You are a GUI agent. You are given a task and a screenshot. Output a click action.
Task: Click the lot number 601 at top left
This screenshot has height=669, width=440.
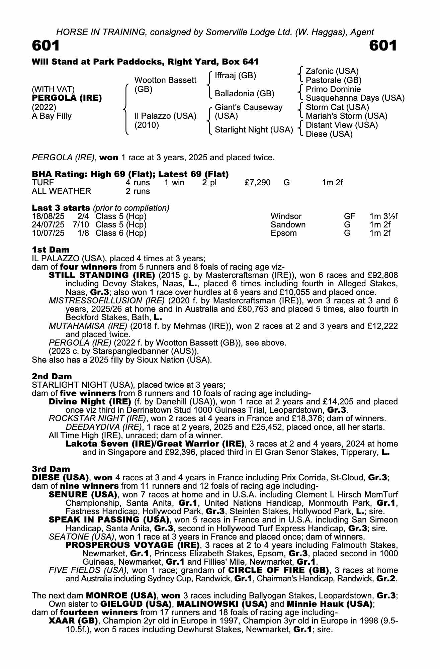[x=46, y=46]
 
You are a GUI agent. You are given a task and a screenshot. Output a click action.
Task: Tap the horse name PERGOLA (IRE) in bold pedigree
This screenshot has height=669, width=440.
[x=67, y=98]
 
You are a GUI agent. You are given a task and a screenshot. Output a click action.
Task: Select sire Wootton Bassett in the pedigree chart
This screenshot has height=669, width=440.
[x=165, y=80]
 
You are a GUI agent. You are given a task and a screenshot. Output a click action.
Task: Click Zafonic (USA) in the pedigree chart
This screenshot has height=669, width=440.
[x=332, y=71]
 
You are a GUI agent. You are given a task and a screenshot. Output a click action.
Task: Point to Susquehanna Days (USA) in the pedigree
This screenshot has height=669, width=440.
[x=355, y=98]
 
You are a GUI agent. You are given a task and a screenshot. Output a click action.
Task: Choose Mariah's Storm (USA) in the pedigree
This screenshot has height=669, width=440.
[x=347, y=116]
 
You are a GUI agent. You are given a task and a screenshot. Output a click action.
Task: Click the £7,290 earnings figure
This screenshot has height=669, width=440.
[x=258, y=183]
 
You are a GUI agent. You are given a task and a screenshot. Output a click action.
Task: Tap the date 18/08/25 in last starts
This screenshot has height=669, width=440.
[x=48, y=216]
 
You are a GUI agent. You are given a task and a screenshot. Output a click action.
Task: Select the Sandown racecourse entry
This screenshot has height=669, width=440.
[x=288, y=224]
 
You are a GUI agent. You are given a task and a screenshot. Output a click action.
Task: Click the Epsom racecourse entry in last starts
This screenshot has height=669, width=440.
[x=284, y=233]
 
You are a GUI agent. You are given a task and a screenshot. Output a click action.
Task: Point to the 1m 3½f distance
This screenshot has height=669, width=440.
[x=383, y=216]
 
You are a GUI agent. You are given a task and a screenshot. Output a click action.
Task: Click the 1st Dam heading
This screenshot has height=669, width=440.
[x=51, y=250]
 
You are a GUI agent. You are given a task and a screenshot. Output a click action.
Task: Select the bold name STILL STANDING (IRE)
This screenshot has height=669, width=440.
[x=102, y=275]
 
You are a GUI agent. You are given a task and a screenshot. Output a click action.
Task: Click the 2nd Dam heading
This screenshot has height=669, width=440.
[x=52, y=377]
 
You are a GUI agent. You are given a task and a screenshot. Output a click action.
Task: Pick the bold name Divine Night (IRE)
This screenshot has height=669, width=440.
[x=90, y=402]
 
